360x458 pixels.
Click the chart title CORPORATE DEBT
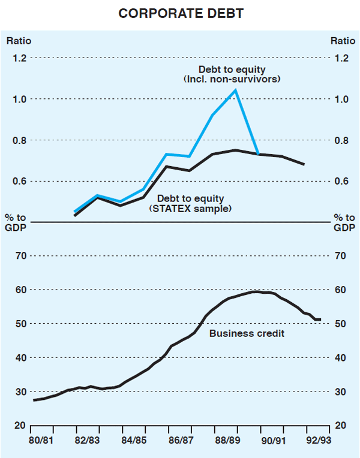[181, 14]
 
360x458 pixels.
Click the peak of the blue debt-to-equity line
[235, 90]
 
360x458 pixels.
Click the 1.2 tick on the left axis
[20, 58]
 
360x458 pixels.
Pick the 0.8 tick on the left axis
[20, 140]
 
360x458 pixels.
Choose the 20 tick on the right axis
[340, 426]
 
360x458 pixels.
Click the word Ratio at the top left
[19, 41]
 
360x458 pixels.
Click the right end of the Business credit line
[320, 320]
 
